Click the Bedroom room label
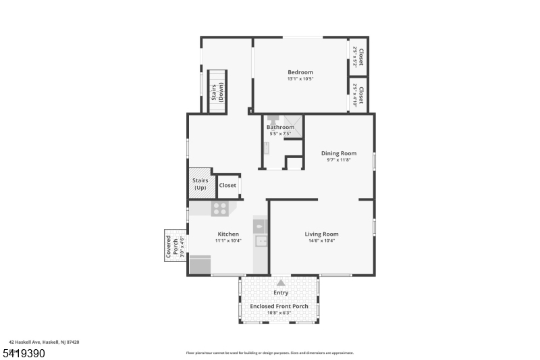coord(300,72)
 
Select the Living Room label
coord(321,234)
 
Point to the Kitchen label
coord(228,234)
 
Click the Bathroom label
coord(280,127)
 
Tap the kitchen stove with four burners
coord(219,209)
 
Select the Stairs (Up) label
coord(200,184)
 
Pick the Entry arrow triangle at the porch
coord(281,282)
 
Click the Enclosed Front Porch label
coord(279,306)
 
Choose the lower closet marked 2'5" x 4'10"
coord(358,96)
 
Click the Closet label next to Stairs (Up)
coord(227,185)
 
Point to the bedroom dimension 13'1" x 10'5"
coord(300,79)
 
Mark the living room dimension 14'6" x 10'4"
coord(321,240)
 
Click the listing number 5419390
coord(26,353)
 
